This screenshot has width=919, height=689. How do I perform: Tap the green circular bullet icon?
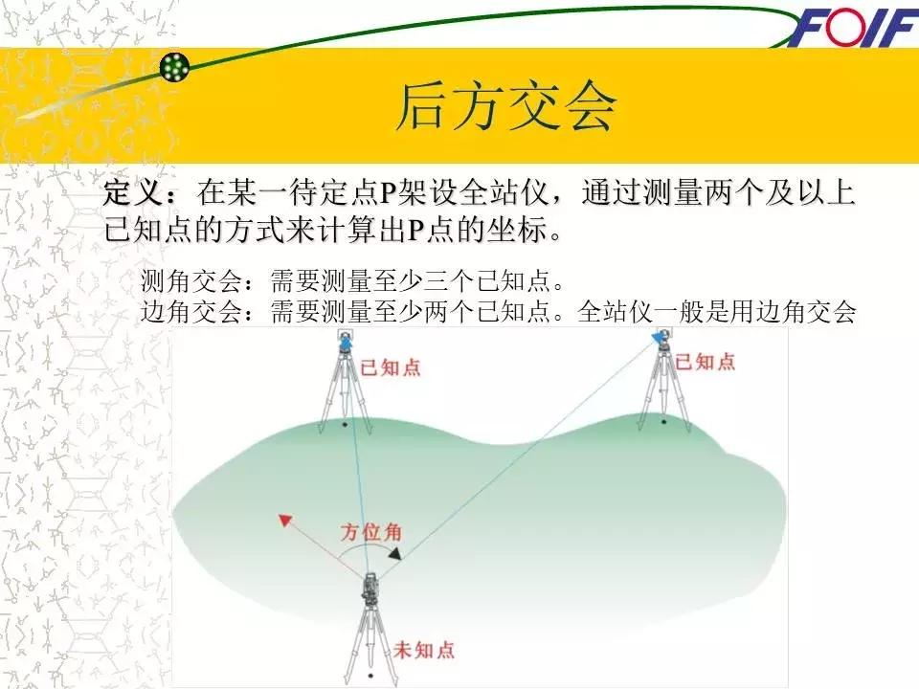(x=174, y=67)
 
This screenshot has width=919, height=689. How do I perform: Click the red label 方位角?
(x=371, y=534)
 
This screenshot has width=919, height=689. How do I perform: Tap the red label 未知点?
(x=424, y=651)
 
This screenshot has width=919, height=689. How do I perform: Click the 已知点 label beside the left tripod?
(x=390, y=367)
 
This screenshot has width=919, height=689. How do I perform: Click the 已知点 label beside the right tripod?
(x=705, y=361)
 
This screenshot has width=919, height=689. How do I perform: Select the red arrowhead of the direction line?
(x=284, y=521)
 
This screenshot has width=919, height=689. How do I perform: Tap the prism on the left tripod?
(x=346, y=341)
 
